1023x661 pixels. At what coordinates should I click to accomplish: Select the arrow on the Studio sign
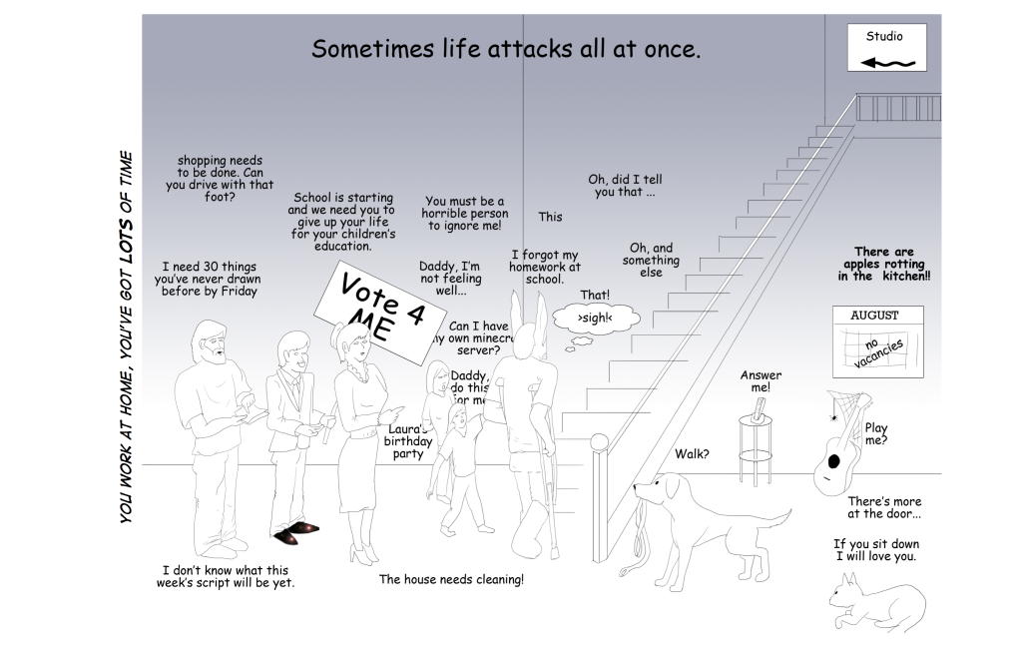(x=887, y=63)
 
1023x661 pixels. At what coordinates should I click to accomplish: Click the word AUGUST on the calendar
(x=874, y=316)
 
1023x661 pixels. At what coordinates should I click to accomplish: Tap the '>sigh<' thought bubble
(x=594, y=318)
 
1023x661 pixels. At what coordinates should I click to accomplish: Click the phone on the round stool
(x=762, y=407)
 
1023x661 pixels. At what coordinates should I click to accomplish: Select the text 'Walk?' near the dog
(x=692, y=454)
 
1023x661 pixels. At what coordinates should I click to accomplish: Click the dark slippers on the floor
(x=295, y=532)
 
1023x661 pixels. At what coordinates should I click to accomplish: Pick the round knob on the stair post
(x=599, y=442)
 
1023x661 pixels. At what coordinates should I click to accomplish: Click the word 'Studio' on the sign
(x=884, y=37)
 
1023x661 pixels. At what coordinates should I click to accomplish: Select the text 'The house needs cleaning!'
(x=451, y=579)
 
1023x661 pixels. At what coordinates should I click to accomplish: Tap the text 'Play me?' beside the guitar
(x=875, y=434)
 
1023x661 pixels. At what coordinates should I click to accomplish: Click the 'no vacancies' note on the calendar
(x=878, y=350)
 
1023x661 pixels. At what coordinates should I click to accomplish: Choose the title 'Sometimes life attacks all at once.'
(x=506, y=49)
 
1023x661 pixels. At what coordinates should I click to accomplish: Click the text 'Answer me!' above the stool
(x=761, y=380)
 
